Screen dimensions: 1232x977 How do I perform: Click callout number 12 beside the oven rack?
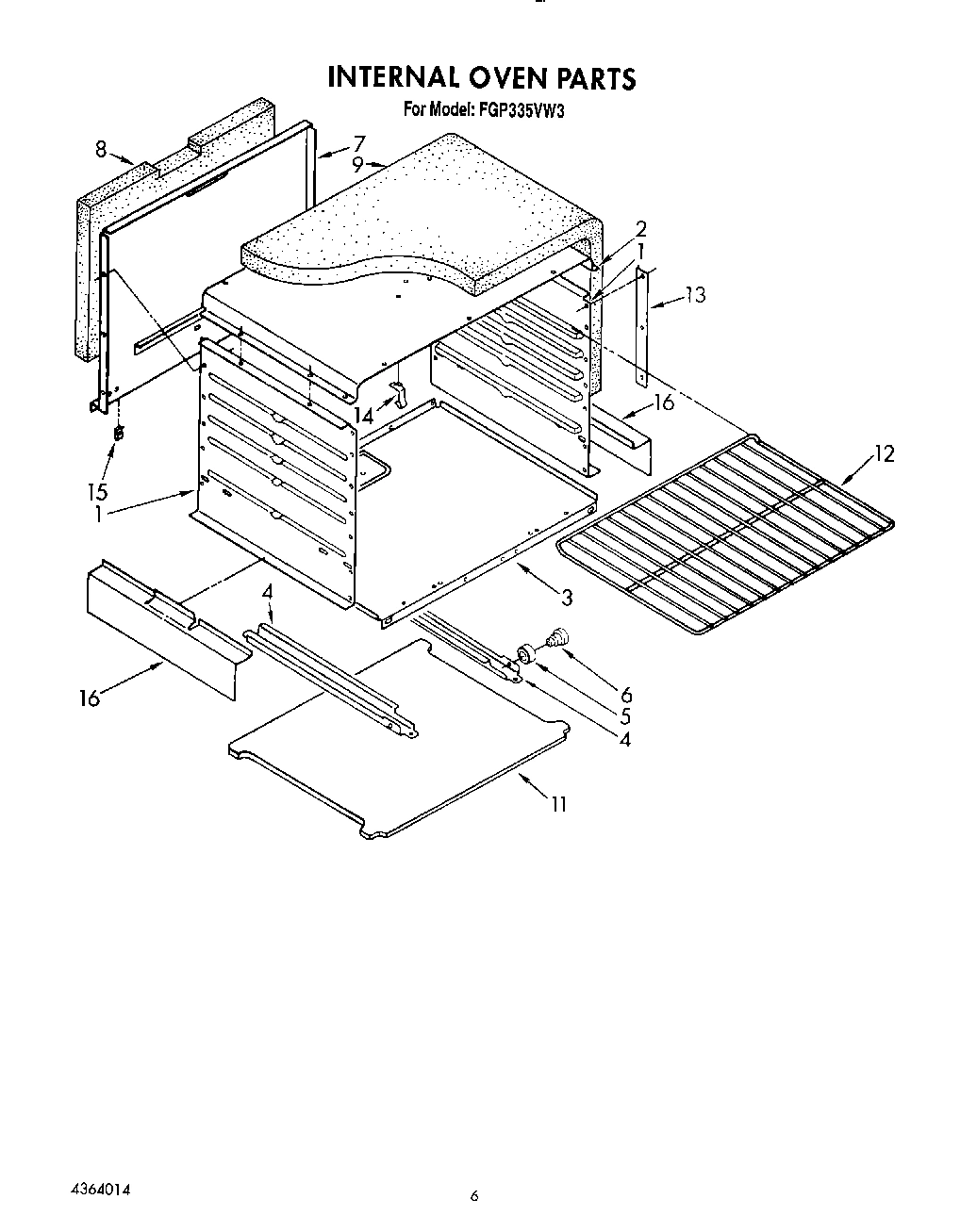click(x=883, y=453)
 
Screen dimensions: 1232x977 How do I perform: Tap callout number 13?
click(x=695, y=295)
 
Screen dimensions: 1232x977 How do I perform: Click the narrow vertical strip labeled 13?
click(x=644, y=325)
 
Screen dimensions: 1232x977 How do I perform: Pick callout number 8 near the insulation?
click(x=102, y=148)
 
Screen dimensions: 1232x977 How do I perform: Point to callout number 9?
click(x=357, y=164)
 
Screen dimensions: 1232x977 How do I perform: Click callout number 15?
click(x=97, y=491)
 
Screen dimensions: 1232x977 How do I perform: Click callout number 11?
click(x=559, y=804)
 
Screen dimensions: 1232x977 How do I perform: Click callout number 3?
click(x=566, y=597)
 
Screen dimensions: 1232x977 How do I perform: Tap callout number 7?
click(x=358, y=143)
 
